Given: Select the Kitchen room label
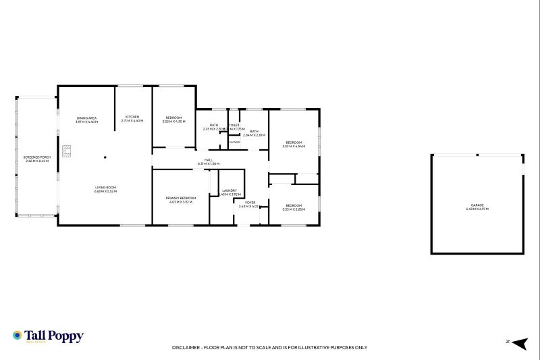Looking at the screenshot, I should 133,118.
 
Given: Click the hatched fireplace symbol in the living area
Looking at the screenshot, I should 67,151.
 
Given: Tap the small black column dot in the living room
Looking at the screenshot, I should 105,158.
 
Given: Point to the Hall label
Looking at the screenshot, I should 209,160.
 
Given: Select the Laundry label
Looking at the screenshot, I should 230,191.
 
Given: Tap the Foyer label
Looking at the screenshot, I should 250,202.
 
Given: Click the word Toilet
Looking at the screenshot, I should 234,125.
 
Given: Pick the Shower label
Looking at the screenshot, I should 234,142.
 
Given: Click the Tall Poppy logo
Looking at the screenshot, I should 48,336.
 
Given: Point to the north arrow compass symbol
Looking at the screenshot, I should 518,344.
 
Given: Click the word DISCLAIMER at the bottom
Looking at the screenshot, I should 186,347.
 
